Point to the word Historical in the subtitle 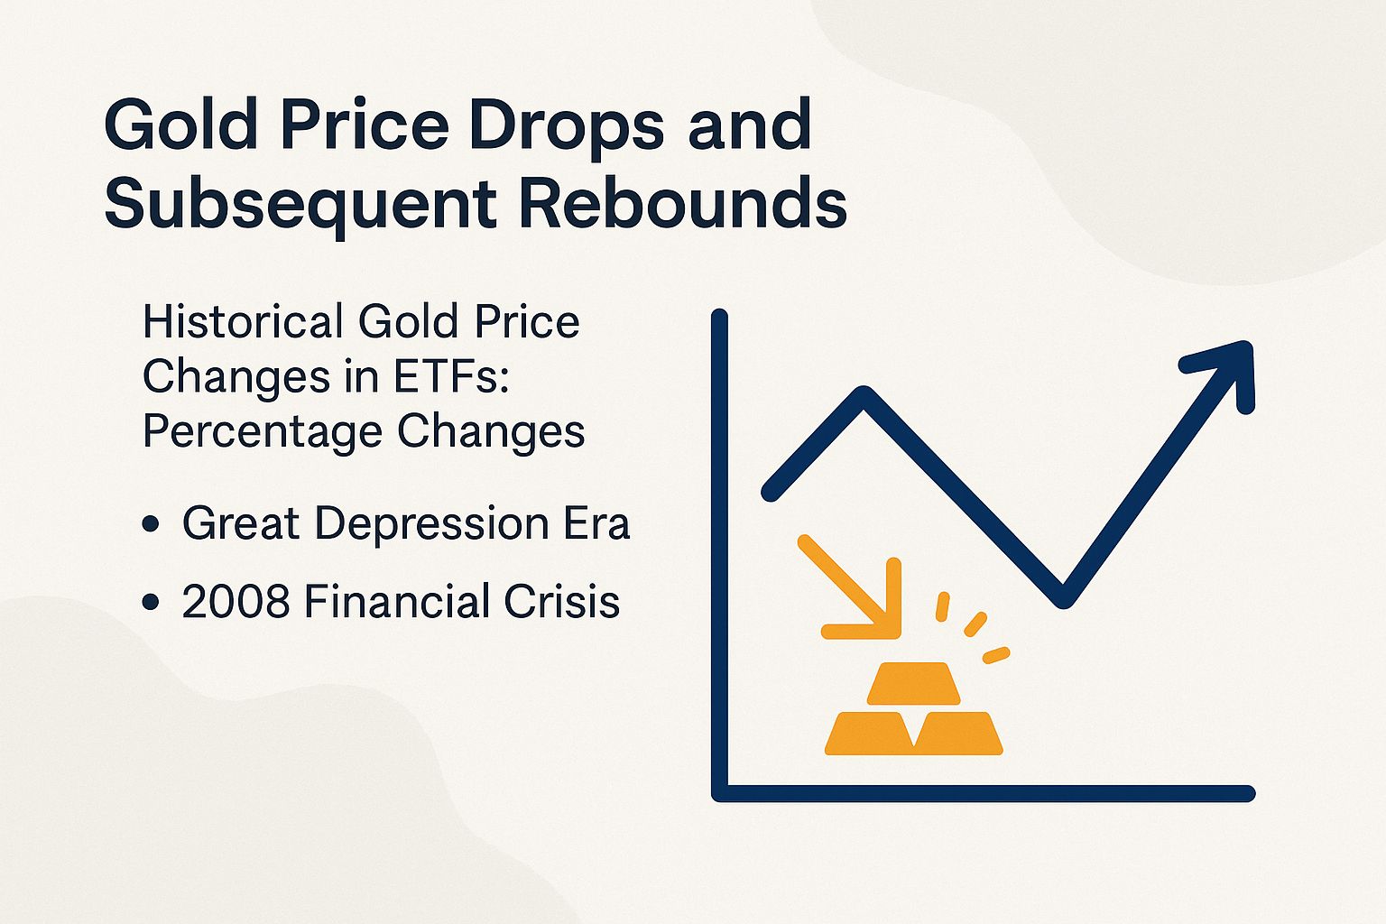(x=243, y=322)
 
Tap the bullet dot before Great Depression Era (x=151, y=525)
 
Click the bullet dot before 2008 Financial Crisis (x=151, y=603)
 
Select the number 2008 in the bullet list (x=236, y=602)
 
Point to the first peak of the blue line (x=864, y=395)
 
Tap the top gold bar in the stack (x=913, y=683)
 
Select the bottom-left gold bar (x=870, y=733)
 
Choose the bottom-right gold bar (x=958, y=733)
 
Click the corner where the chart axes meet (x=720, y=793)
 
